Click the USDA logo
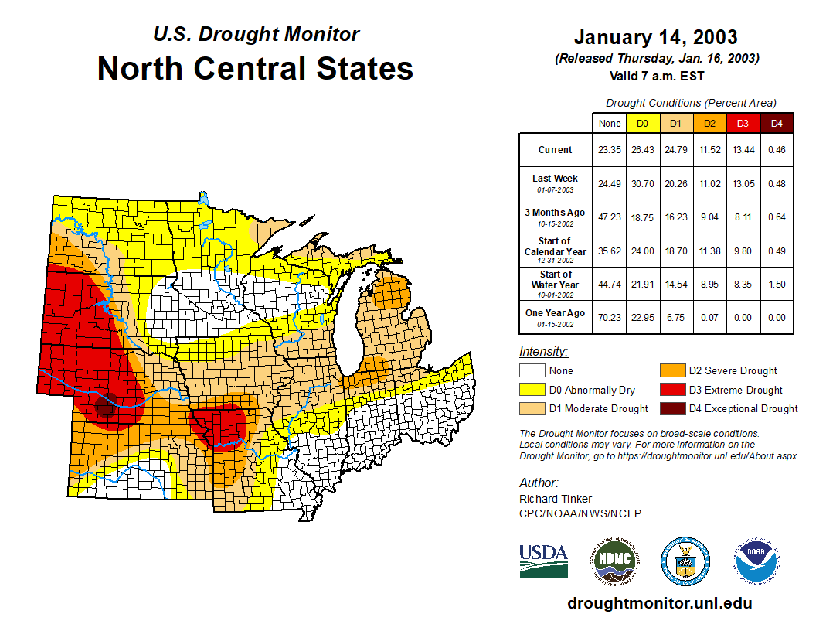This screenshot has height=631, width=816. tap(543, 561)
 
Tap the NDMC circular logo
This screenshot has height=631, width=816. tap(615, 561)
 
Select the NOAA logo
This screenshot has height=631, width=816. tap(756, 561)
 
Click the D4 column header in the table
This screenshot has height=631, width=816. tap(777, 123)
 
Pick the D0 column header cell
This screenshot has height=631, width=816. tap(642, 123)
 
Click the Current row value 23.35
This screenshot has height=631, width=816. tap(609, 150)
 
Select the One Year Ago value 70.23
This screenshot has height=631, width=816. tap(609, 317)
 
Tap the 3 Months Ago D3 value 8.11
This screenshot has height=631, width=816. tap(743, 217)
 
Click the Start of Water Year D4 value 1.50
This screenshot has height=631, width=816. tap(777, 284)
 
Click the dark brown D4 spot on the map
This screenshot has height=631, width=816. tap(105, 404)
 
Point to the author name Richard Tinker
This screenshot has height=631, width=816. tap(556, 499)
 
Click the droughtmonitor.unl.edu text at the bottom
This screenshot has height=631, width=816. tap(659, 603)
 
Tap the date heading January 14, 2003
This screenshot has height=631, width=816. tap(655, 37)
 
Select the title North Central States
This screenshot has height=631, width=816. tap(255, 68)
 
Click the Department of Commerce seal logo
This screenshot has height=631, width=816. tap(685, 561)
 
